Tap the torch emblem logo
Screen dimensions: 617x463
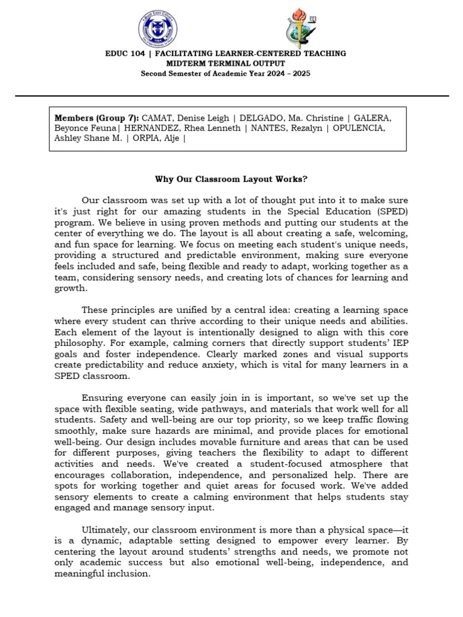click(x=299, y=28)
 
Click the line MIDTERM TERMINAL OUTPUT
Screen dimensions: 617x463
click(x=225, y=63)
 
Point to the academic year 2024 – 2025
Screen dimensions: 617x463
click(x=283, y=74)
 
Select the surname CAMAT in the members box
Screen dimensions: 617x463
click(x=157, y=117)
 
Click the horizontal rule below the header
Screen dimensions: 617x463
click(x=231, y=96)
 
